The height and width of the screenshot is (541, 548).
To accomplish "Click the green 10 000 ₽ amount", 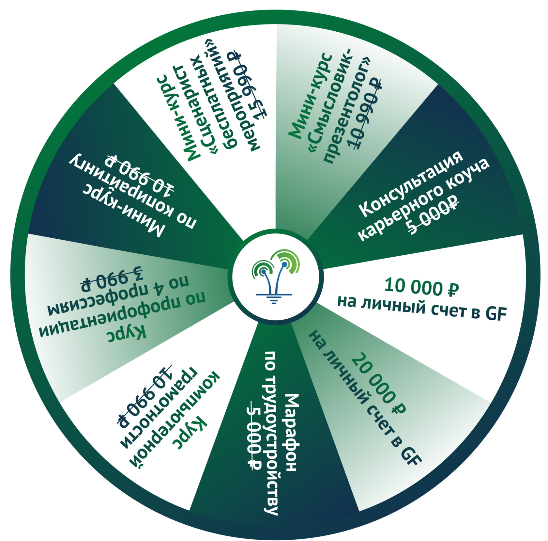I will (421, 287).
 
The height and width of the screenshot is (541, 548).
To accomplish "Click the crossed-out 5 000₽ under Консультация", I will (434, 215).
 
